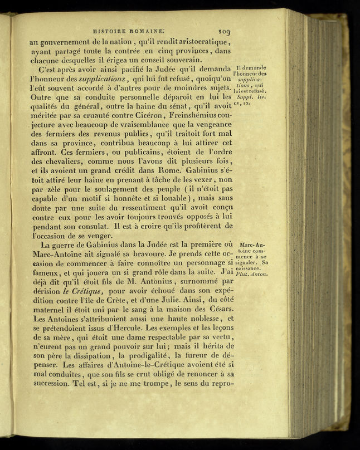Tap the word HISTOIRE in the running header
pos(111,32)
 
